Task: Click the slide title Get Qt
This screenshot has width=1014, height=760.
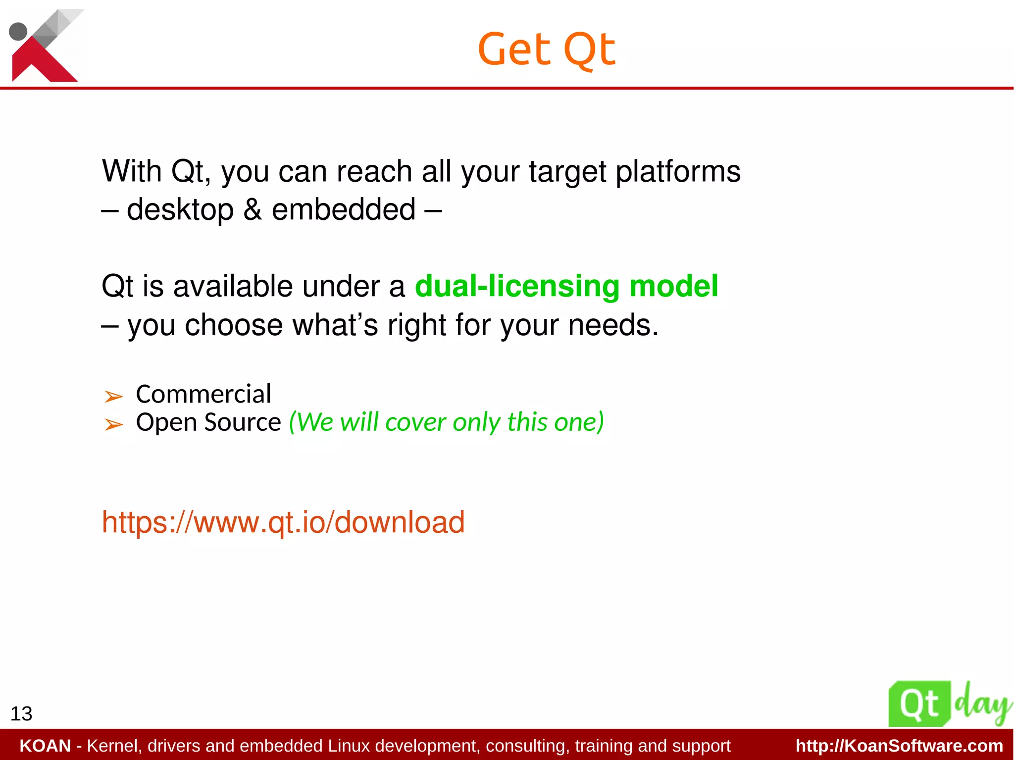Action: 547,50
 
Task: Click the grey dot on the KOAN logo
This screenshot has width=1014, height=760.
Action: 18,31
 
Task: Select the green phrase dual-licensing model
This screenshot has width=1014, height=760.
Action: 566,286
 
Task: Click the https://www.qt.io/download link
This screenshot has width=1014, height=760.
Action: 283,522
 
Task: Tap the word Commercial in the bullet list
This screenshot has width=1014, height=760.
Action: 203,394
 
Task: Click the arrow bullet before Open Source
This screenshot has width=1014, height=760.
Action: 113,424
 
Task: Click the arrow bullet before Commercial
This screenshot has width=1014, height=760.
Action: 113,396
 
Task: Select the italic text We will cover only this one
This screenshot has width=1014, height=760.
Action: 447,422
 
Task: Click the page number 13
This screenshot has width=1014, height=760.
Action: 21,713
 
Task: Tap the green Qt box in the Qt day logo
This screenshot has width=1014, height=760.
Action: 919,704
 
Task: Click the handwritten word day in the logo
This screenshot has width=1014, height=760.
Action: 982,704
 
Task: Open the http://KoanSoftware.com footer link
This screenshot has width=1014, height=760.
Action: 899,746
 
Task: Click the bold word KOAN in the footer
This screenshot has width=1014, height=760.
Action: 45,746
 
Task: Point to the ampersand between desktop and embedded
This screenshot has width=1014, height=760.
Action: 253,209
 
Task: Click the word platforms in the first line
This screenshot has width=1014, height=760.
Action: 678,172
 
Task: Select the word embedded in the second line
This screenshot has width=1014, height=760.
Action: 344,209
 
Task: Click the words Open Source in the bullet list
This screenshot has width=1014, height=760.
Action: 208,422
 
